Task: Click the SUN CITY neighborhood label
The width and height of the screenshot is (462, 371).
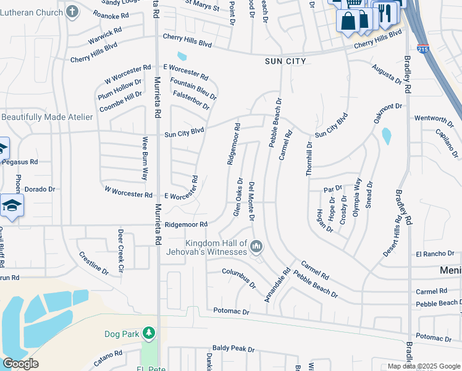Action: tap(285, 61)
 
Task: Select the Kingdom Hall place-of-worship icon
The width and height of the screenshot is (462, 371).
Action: tap(256, 247)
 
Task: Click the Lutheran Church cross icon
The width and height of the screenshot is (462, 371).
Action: tap(72, 11)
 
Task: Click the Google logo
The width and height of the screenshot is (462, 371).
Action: tap(20, 364)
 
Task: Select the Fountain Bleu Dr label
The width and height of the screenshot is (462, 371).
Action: tap(193, 89)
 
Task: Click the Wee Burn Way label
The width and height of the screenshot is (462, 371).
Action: tap(145, 158)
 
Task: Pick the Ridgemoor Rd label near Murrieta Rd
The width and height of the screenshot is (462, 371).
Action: tap(185, 224)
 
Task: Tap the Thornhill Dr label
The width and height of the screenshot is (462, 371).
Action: tap(309, 159)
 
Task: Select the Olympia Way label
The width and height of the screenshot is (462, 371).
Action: tap(356, 197)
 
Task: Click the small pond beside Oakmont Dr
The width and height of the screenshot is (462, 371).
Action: tap(386, 136)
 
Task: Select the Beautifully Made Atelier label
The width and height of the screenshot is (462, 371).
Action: tap(47, 117)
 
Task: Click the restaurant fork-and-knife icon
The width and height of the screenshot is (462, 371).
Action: tap(386, 12)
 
